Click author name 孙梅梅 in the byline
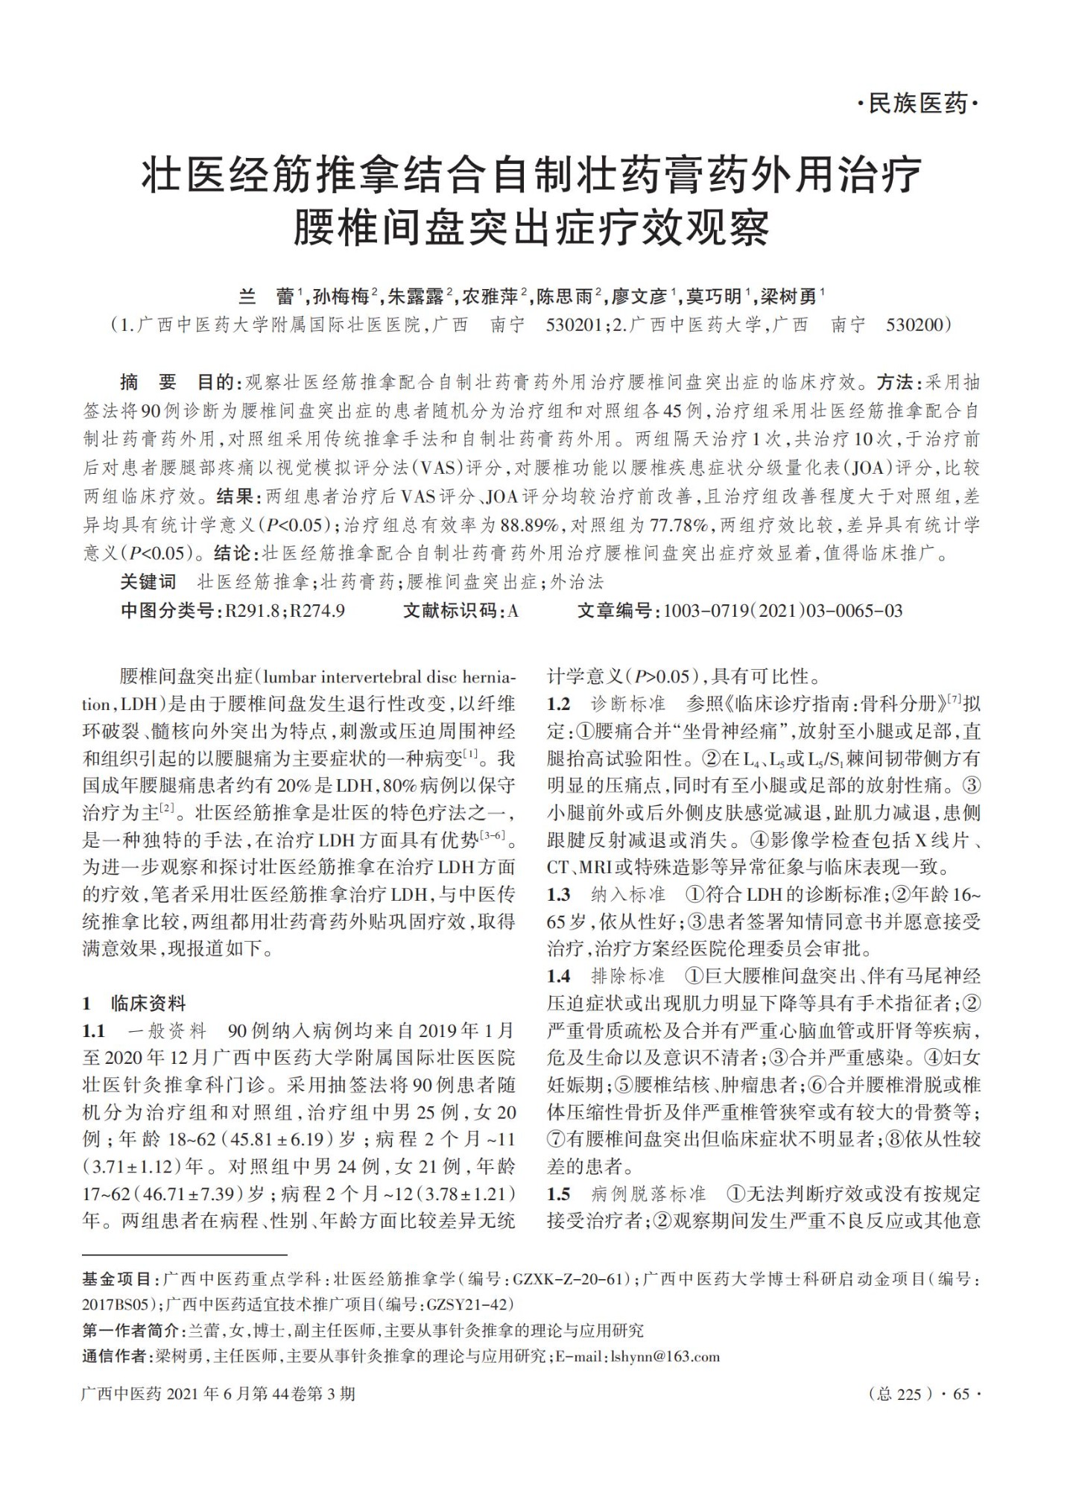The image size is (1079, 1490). click(x=341, y=297)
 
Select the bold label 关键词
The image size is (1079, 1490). click(x=148, y=582)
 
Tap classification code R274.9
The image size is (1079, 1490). click(x=317, y=612)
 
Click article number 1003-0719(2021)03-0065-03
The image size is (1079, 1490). click(x=782, y=612)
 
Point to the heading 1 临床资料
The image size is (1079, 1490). click(x=133, y=1003)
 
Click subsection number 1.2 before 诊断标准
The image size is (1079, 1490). click(x=558, y=704)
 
